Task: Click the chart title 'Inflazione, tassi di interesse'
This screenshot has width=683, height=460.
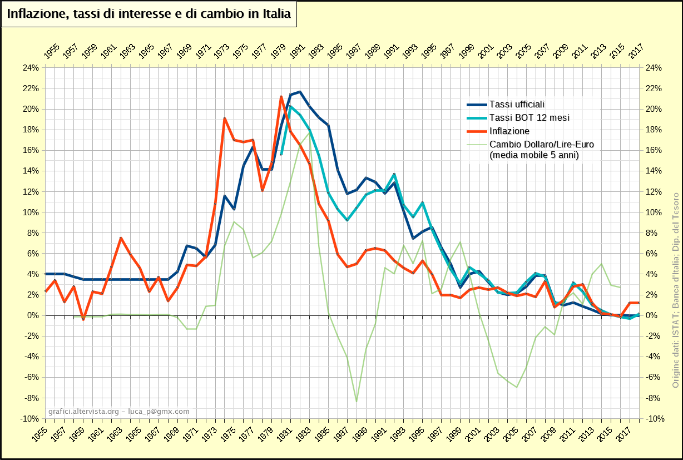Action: (x=149, y=14)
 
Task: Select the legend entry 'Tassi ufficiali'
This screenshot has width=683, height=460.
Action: (x=517, y=104)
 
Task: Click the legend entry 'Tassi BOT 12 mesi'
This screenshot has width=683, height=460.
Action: (x=529, y=117)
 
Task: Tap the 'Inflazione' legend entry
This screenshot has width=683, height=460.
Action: (x=509, y=131)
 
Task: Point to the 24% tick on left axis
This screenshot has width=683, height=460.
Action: (x=31, y=68)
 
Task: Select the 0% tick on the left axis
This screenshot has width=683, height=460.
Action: (x=34, y=315)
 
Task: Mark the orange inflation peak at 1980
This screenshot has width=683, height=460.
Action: (x=281, y=97)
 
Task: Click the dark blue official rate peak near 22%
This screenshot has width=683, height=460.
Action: (x=300, y=92)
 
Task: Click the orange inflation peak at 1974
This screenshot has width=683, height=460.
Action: (x=224, y=118)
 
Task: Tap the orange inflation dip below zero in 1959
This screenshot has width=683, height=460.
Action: (x=83, y=319)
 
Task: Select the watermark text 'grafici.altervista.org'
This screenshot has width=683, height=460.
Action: (x=83, y=412)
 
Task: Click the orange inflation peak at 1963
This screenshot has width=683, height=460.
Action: (x=121, y=238)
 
